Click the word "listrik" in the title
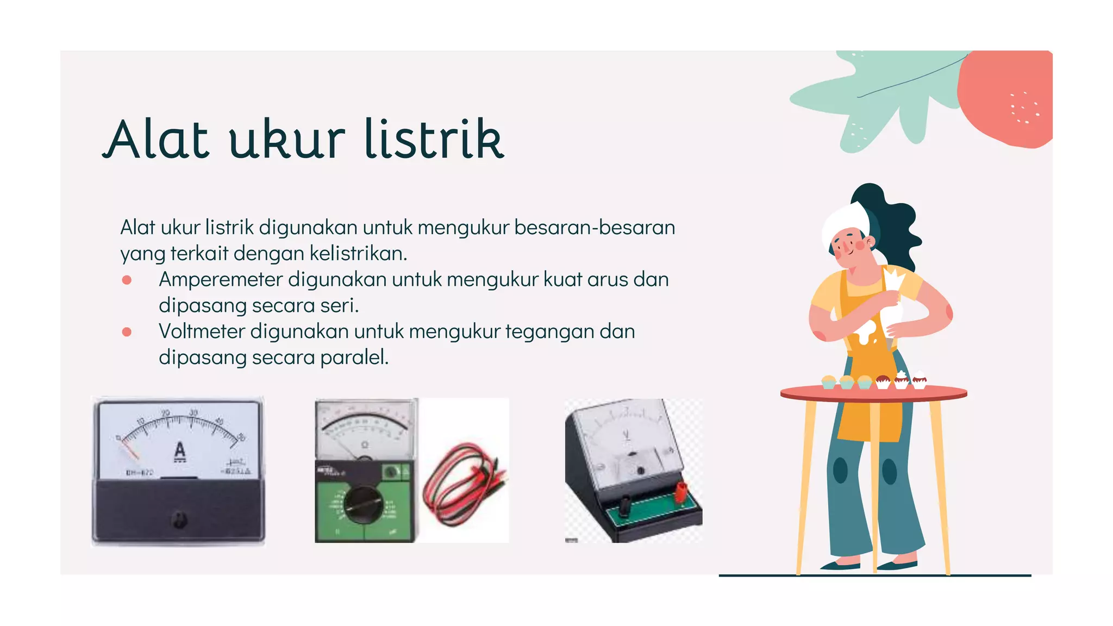[434, 139]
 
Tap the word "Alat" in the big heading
[156, 139]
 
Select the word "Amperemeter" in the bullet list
[221, 279]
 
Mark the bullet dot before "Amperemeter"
[127, 280]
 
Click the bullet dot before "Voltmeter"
[127, 332]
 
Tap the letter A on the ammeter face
[180, 452]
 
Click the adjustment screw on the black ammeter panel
[179, 519]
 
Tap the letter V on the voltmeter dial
[627, 435]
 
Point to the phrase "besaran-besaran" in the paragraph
[595, 228]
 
